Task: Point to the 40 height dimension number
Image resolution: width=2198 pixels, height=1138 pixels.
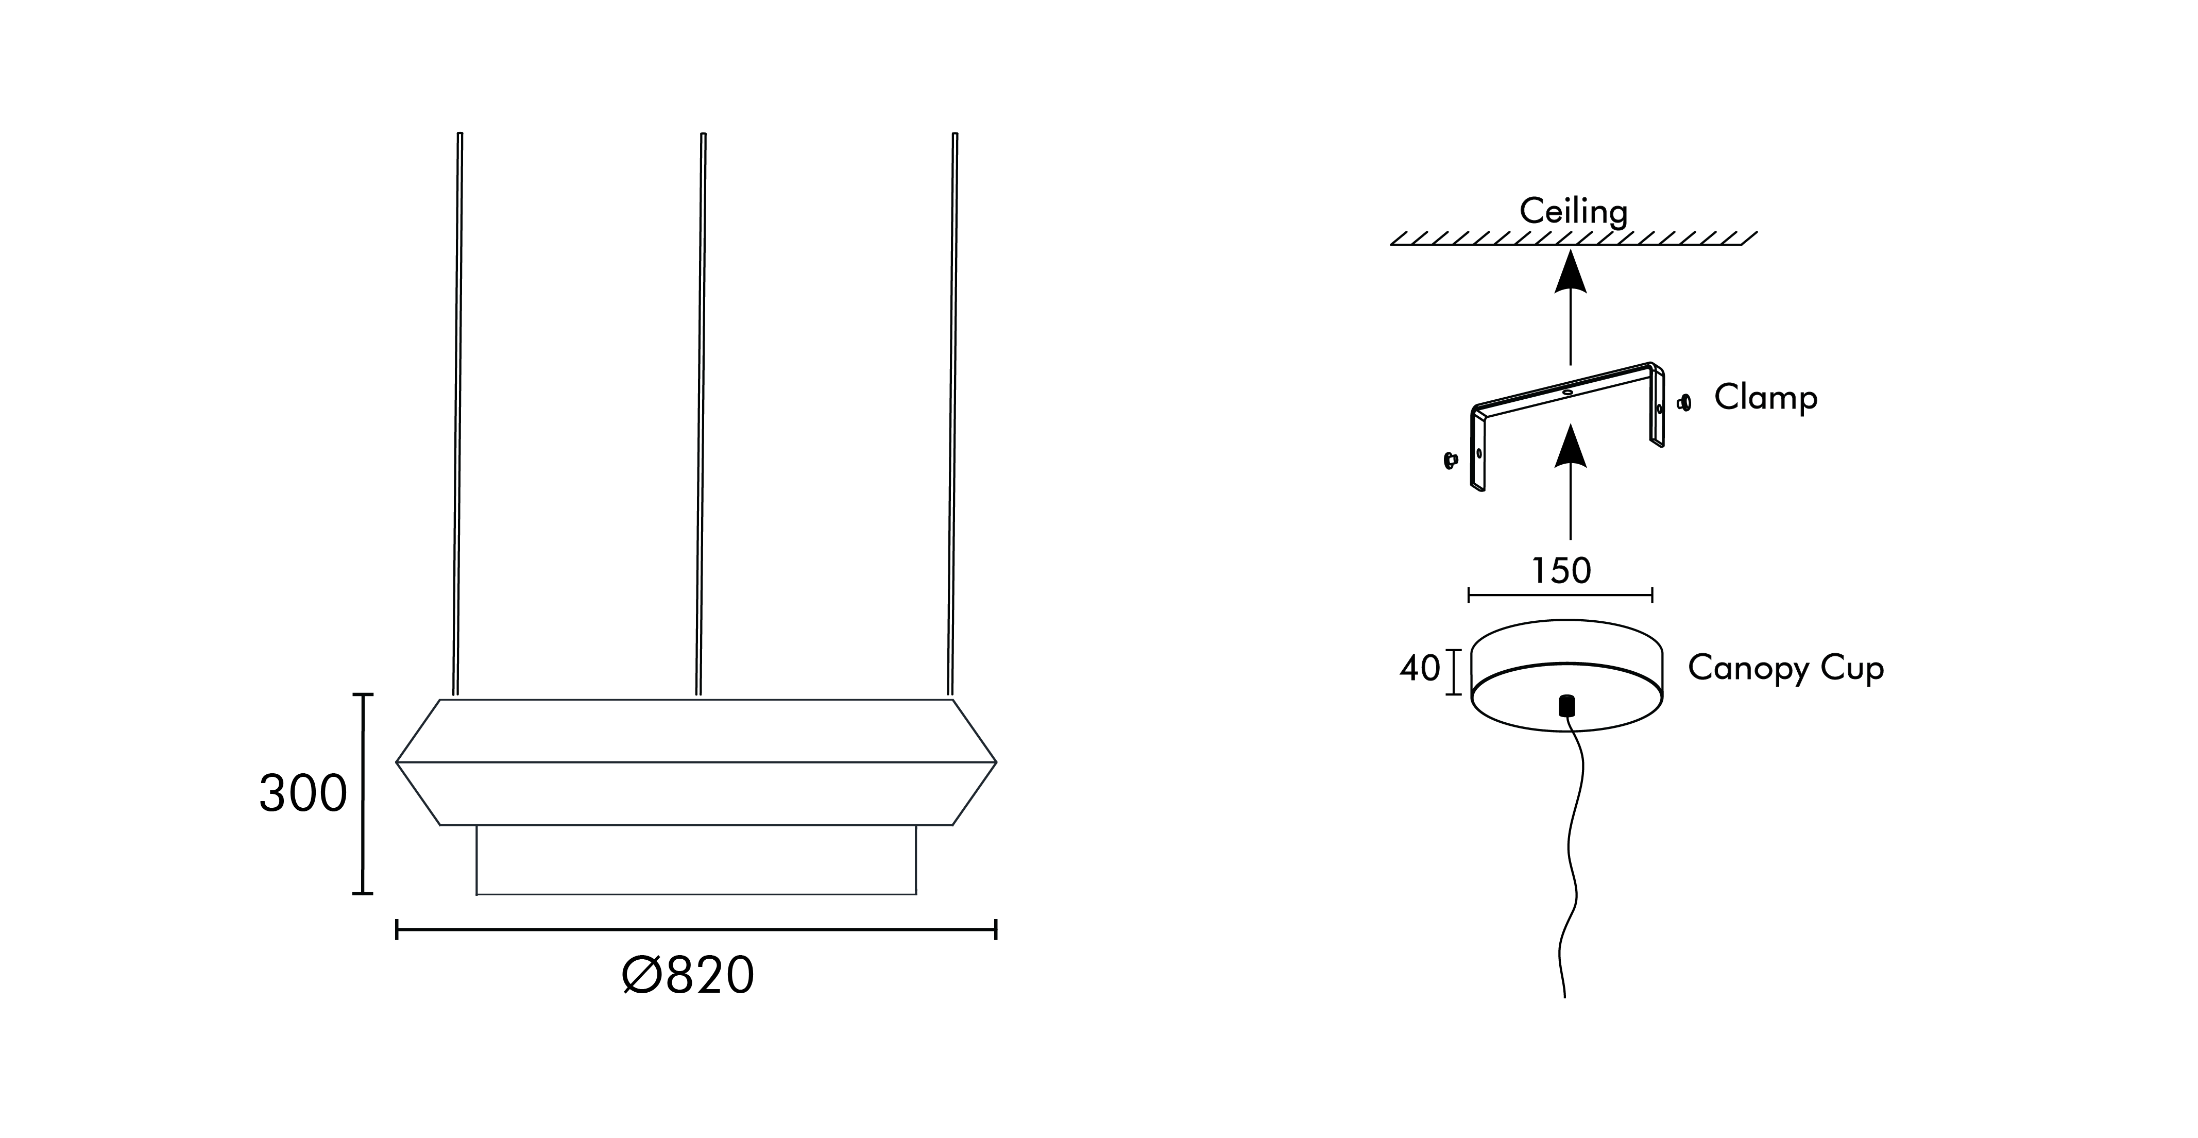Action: tap(1419, 668)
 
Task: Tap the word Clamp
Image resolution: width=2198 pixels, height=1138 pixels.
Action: tap(1765, 398)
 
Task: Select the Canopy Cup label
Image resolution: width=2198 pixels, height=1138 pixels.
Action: tap(1785, 668)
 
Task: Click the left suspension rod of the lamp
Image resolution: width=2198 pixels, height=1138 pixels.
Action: tap(457, 410)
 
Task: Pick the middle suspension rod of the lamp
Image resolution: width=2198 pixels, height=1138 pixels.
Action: tap(701, 410)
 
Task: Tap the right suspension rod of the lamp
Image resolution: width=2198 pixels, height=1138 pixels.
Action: tap(952, 410)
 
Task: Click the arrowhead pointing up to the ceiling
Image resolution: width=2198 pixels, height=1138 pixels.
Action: tap(1570, 273)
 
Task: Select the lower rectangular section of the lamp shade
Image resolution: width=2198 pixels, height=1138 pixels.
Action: tap(695, 859)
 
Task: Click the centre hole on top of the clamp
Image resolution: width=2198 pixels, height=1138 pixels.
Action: tap(1567, 392)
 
